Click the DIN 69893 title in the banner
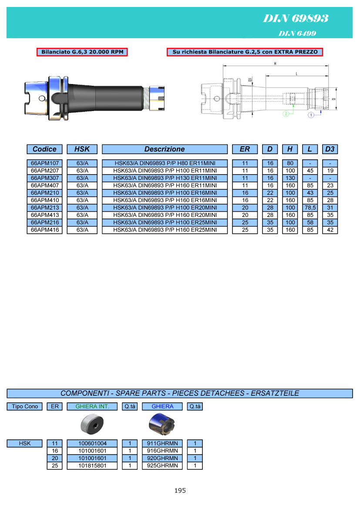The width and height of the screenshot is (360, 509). (296, 18)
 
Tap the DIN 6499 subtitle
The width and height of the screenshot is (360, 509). (297, 33)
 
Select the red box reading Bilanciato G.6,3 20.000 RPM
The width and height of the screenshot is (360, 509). (82, 52)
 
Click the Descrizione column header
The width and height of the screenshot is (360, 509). (165, 149)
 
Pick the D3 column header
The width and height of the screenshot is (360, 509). (330, 149)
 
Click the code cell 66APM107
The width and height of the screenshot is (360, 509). (45, 163)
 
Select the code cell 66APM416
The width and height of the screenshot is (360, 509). (45, 230)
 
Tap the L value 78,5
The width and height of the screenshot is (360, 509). (310, 208)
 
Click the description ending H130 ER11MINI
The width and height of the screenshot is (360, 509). (165, 178)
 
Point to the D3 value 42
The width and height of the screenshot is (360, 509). (330, 230)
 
